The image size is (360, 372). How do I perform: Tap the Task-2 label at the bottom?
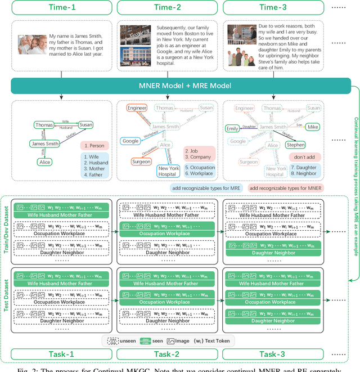coord(166,353)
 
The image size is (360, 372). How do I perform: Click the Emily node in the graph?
coord(232,128)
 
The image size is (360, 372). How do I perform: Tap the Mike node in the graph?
coord(313,127)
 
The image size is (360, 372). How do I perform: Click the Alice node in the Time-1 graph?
coord(44,162)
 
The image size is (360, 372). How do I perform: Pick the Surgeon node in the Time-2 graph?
coord(141,162)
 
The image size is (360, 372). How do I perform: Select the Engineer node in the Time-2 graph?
coord(137,108)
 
